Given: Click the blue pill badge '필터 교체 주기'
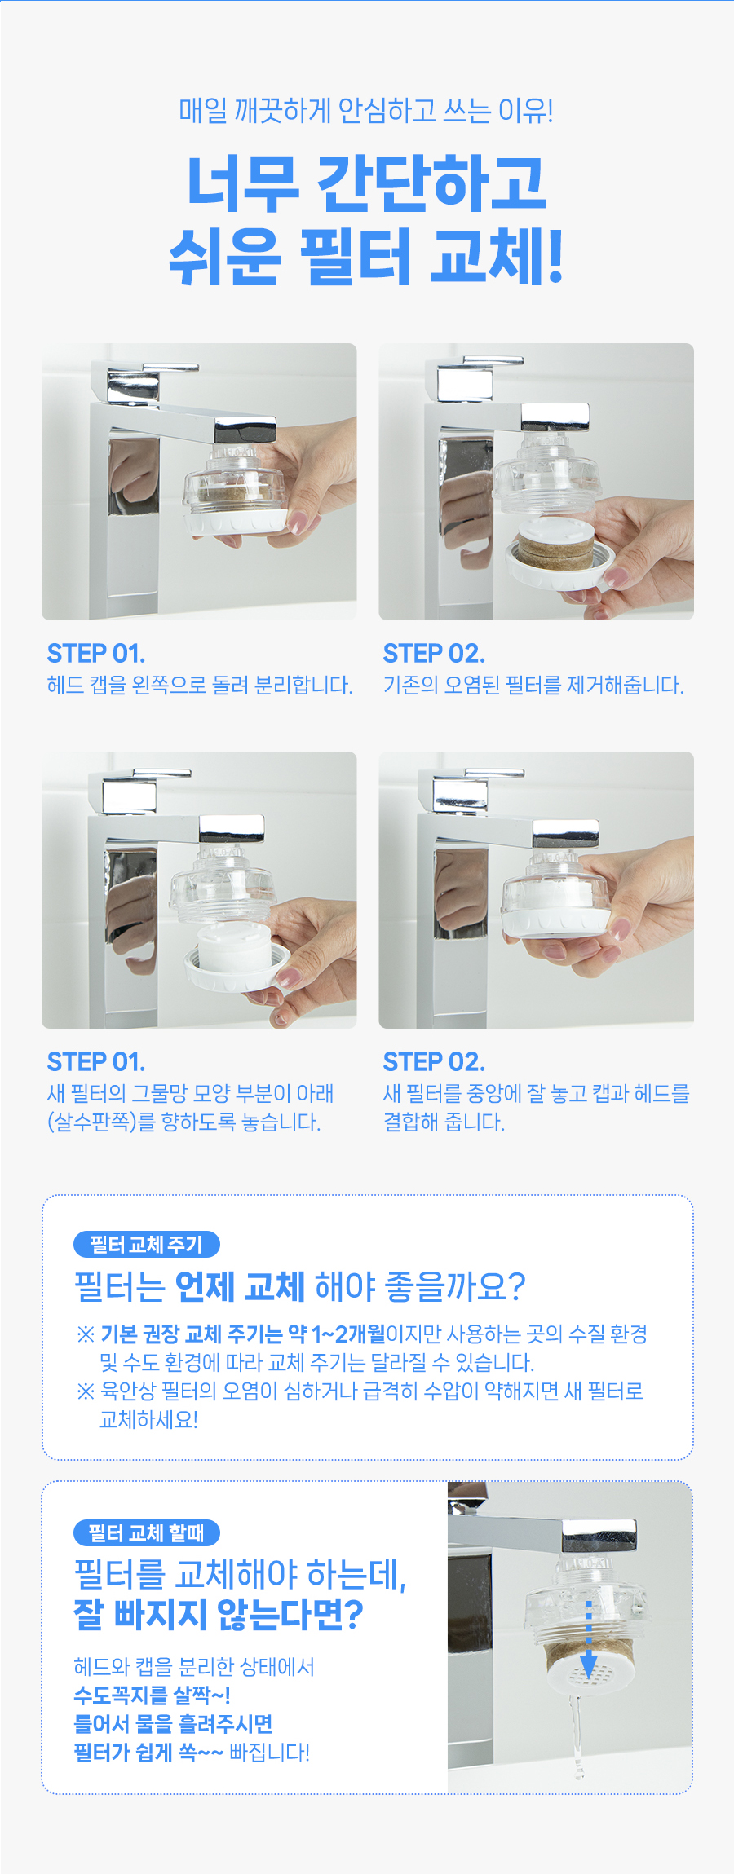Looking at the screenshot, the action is pyautogui.click(x=147, y=1245).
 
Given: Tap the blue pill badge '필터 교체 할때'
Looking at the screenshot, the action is pyautogui.click(x=147, y=1533).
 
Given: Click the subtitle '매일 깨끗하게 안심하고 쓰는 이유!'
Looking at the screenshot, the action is pyautogui.click(x=366, y=110).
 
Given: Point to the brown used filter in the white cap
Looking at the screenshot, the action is pyautogui.click(x=559, y=543).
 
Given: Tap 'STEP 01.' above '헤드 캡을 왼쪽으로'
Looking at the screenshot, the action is pyautogui.click(x=96, y=654).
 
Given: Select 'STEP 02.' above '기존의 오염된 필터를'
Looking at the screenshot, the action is pyautogui.click(x=434, y=654).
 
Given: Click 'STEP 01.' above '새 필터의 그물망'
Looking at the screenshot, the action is pyautogui.click(x=96, y=1062).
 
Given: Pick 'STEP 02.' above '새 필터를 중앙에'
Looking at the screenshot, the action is pyautogui.click(x=434, y=1062).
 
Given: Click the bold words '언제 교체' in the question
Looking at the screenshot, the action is pyautogui.click(x=240, y=1287).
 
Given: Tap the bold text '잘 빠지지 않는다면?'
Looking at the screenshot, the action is pyautogui.click(x=218, y=1615).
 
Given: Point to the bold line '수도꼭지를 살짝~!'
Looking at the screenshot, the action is pyautogui.click(x=152, y=1695).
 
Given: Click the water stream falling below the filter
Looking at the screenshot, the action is pyautogui.click(x=577, y=1737).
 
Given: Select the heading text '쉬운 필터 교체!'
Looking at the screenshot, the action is pyautogui.click(x=366, y=257).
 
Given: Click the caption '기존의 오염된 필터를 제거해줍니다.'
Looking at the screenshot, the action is pyautogui.click(x=533, y=686).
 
